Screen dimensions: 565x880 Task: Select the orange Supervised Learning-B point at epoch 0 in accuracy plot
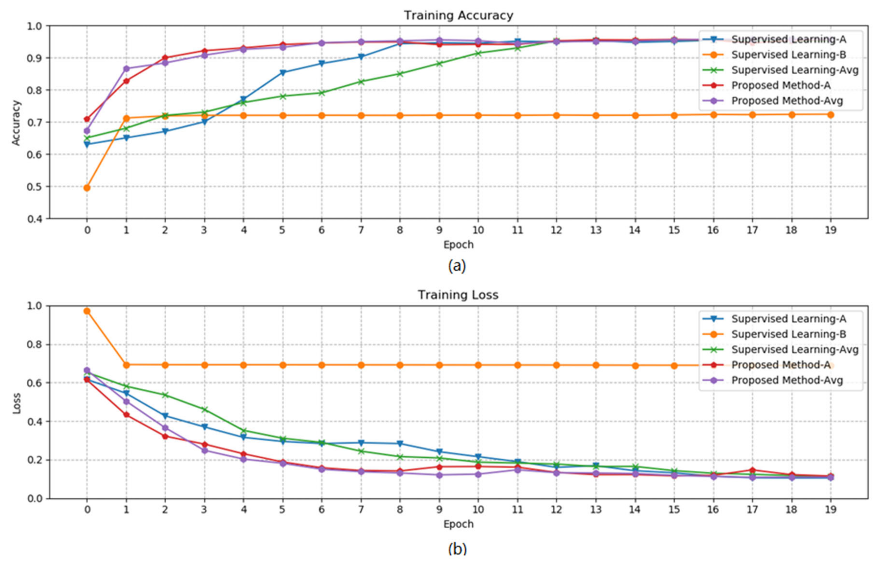point(87,188)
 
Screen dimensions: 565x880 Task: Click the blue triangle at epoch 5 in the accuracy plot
point(283,72)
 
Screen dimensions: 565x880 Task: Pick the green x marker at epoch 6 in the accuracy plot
point(322,93)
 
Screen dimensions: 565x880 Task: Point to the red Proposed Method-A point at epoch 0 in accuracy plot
point(87,119)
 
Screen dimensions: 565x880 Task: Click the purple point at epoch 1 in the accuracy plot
point(126,69)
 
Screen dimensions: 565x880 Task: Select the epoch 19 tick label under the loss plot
point(831,510)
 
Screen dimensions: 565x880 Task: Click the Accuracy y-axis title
point(16,123)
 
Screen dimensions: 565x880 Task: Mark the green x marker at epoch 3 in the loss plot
point(204,409)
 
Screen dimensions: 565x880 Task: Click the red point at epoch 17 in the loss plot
point(752,470)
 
